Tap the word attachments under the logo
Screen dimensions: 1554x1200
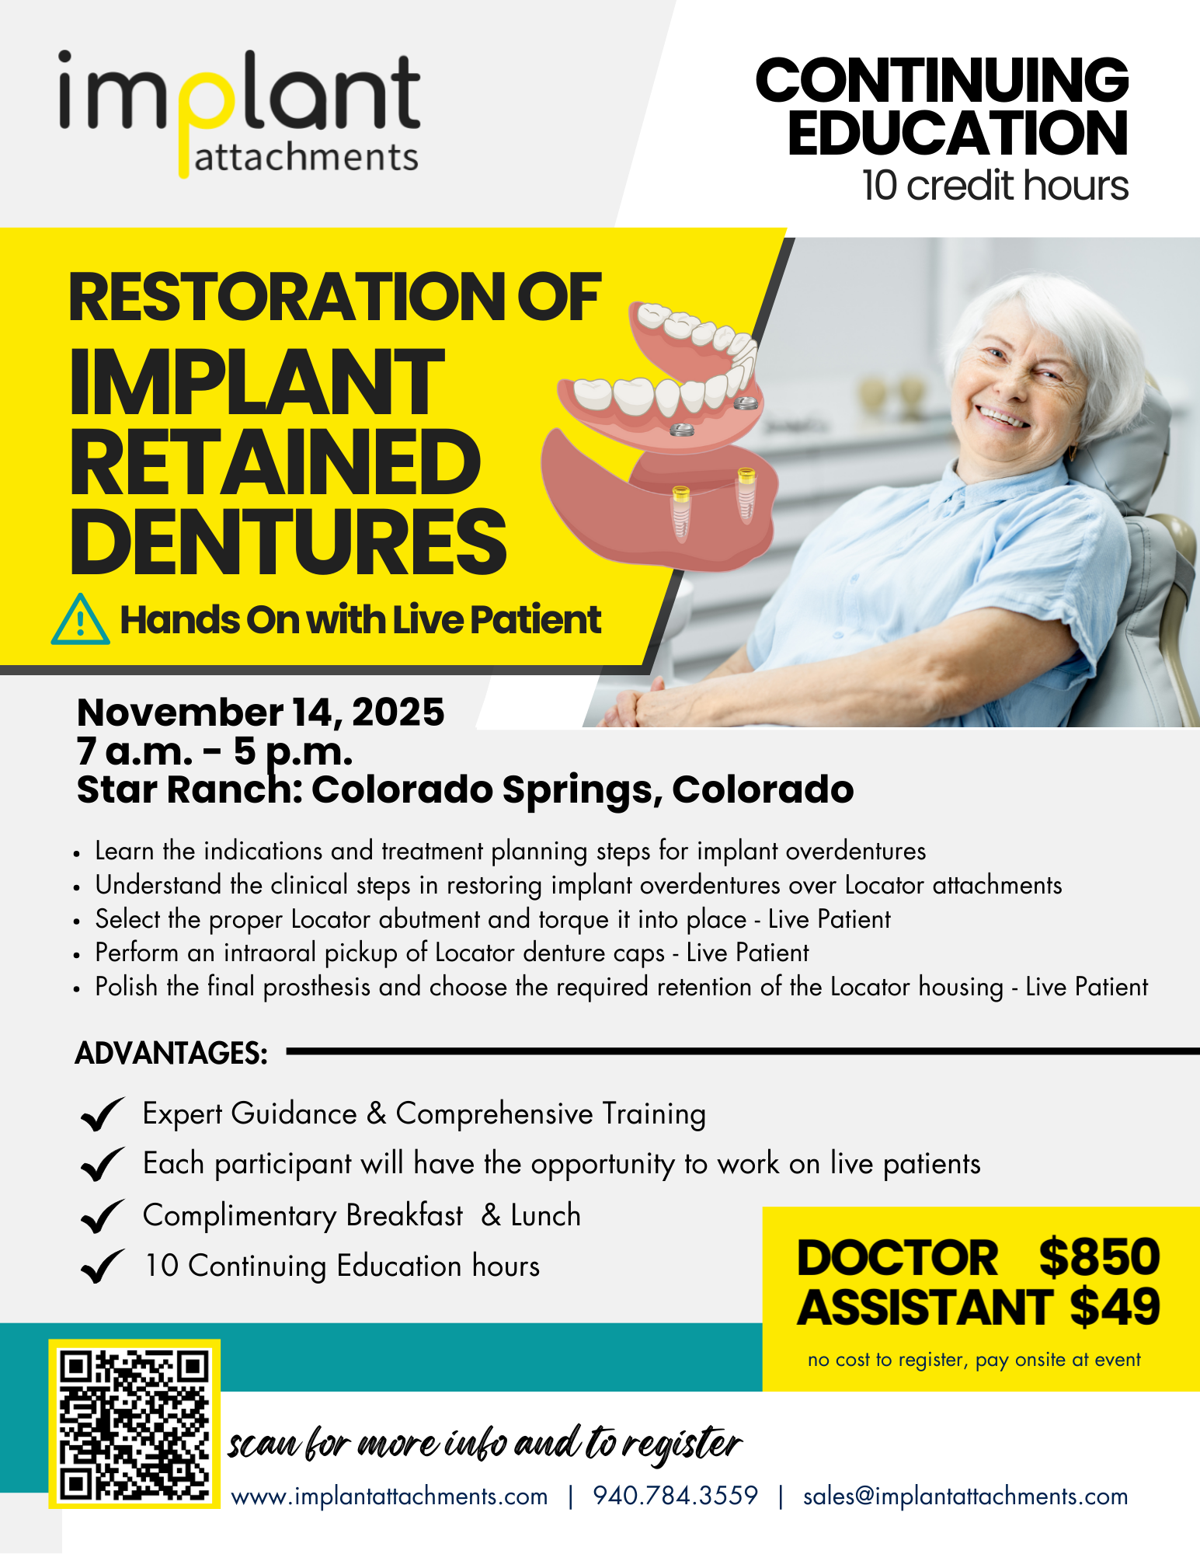pyautogui.click(x=306, y=158)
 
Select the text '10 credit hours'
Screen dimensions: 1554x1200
pyautogui.click(x=995, y=186)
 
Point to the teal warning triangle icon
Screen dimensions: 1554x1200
pyautogui.click(x=80, y=621)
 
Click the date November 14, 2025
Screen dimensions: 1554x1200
pyautogui.click(x=261, y=712)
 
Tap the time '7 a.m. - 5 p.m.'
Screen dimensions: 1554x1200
pyautogui.click(x=214, y=751)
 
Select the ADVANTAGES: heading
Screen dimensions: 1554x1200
pyautogui.click(x=172, y=1053)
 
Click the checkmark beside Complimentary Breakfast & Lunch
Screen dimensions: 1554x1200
pyautogui.click(x=102, y=1216)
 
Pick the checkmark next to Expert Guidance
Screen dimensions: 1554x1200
pyautogui.click(x=102, y=1115)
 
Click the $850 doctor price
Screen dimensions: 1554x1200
pyautogui.click(x=1099, y=1257)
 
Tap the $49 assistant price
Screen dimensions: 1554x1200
pyautogui.click(x=1115, y=1307)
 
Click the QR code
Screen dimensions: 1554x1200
pyautogui.click(x=134, y=1424)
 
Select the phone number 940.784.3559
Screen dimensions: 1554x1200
pyautogui.click(x=675, y=1496)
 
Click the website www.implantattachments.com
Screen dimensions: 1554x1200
pyautogui.click(x=389, y=1497)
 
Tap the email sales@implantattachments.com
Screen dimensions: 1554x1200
pyautogui.click(x=965, y=1497)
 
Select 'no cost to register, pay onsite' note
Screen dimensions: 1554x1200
pyautogui.click(x=974, y=1360)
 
